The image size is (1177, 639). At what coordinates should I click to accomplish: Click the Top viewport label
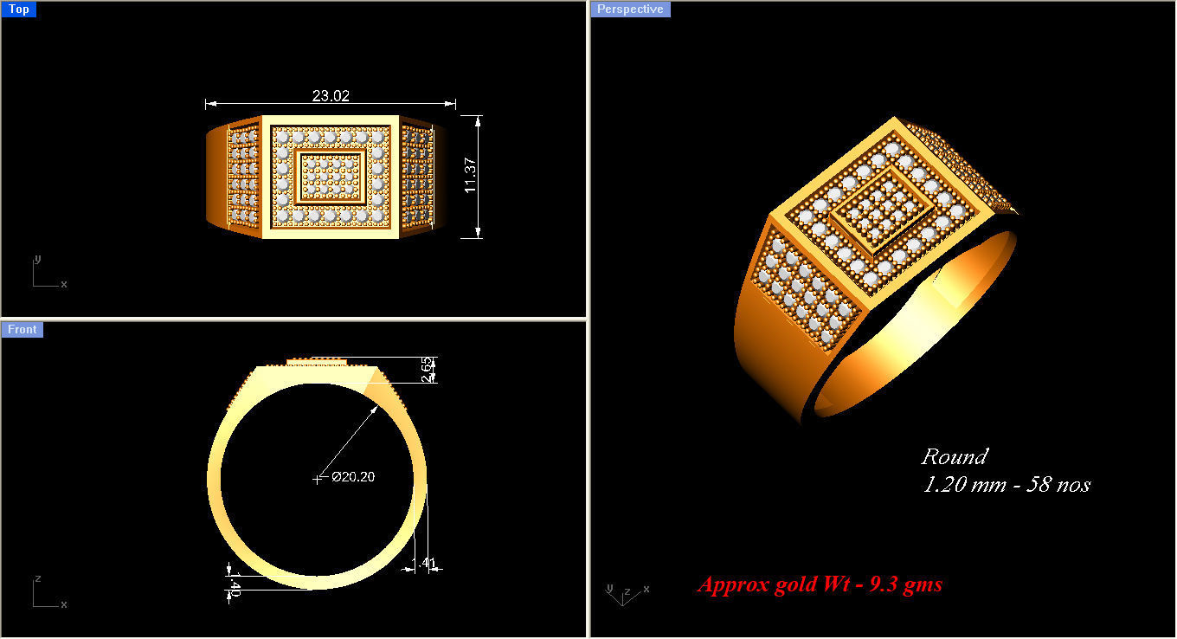pyautogui.click(x=18, y=10)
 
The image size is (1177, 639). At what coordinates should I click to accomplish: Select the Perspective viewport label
pyautogui.click(x=630, y=10)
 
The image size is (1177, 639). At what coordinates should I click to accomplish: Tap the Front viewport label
pyautogui.click(x=23, y=329)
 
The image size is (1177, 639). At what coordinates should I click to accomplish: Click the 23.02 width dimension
pyautogui.click(x=331, y=96)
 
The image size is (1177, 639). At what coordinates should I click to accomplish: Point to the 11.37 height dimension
pyautogui.click(x=471, y=176)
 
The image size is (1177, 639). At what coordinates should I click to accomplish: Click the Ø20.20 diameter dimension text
pyautogui.click(x=352, y=476)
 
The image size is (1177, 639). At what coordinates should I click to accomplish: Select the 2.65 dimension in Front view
pyautogui.click(x=426, y=369)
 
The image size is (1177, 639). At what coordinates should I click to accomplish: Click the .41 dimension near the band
pyautogui.click(x=428, y=564)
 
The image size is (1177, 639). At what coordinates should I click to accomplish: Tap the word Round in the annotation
pyautogui.click(x=954, y=457)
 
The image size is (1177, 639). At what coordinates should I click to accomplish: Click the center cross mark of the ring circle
pyautogui.click(x=317, y=478)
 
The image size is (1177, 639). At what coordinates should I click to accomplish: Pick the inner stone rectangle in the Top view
pyautogui.click(x=330, y=177)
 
